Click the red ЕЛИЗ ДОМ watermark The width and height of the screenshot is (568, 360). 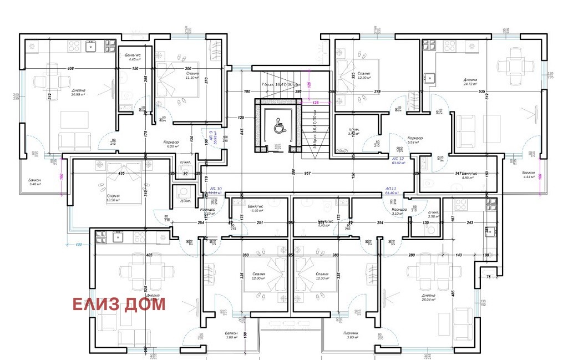coord(118,304)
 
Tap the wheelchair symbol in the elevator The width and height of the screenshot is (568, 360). coord(278,127)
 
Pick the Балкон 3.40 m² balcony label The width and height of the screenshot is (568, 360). coord(37,183)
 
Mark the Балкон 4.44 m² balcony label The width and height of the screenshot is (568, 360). coord(530,175)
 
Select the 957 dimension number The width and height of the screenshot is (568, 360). coord(306,174)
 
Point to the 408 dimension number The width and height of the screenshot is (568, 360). coord(70,68)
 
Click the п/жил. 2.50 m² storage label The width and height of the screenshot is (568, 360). coord(434,214)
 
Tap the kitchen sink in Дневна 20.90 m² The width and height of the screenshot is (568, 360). coord(90,47)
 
